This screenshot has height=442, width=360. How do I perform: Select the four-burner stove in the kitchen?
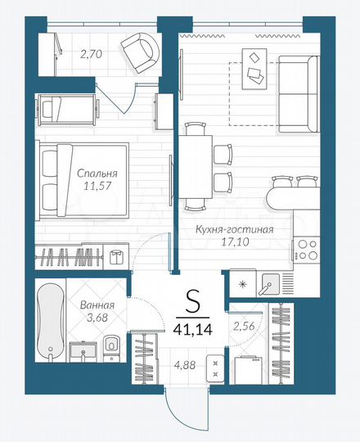click(308, 248)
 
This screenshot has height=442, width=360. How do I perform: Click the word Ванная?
click(98, 305)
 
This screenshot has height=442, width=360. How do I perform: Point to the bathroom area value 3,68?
click(98, 319)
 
